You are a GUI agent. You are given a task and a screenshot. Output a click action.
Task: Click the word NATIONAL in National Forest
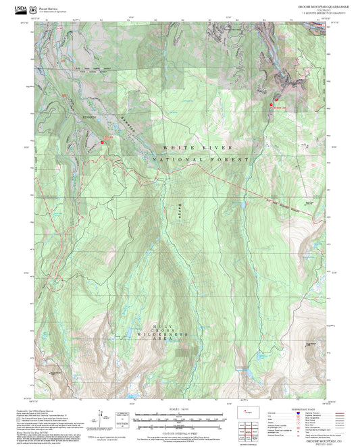tap(176, 159)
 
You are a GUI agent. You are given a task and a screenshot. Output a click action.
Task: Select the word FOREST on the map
tap(234, 159)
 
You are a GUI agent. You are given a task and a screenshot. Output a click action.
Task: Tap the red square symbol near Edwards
tap(103, 142)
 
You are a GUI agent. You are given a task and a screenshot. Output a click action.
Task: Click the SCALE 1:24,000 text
tap(178, 410)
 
